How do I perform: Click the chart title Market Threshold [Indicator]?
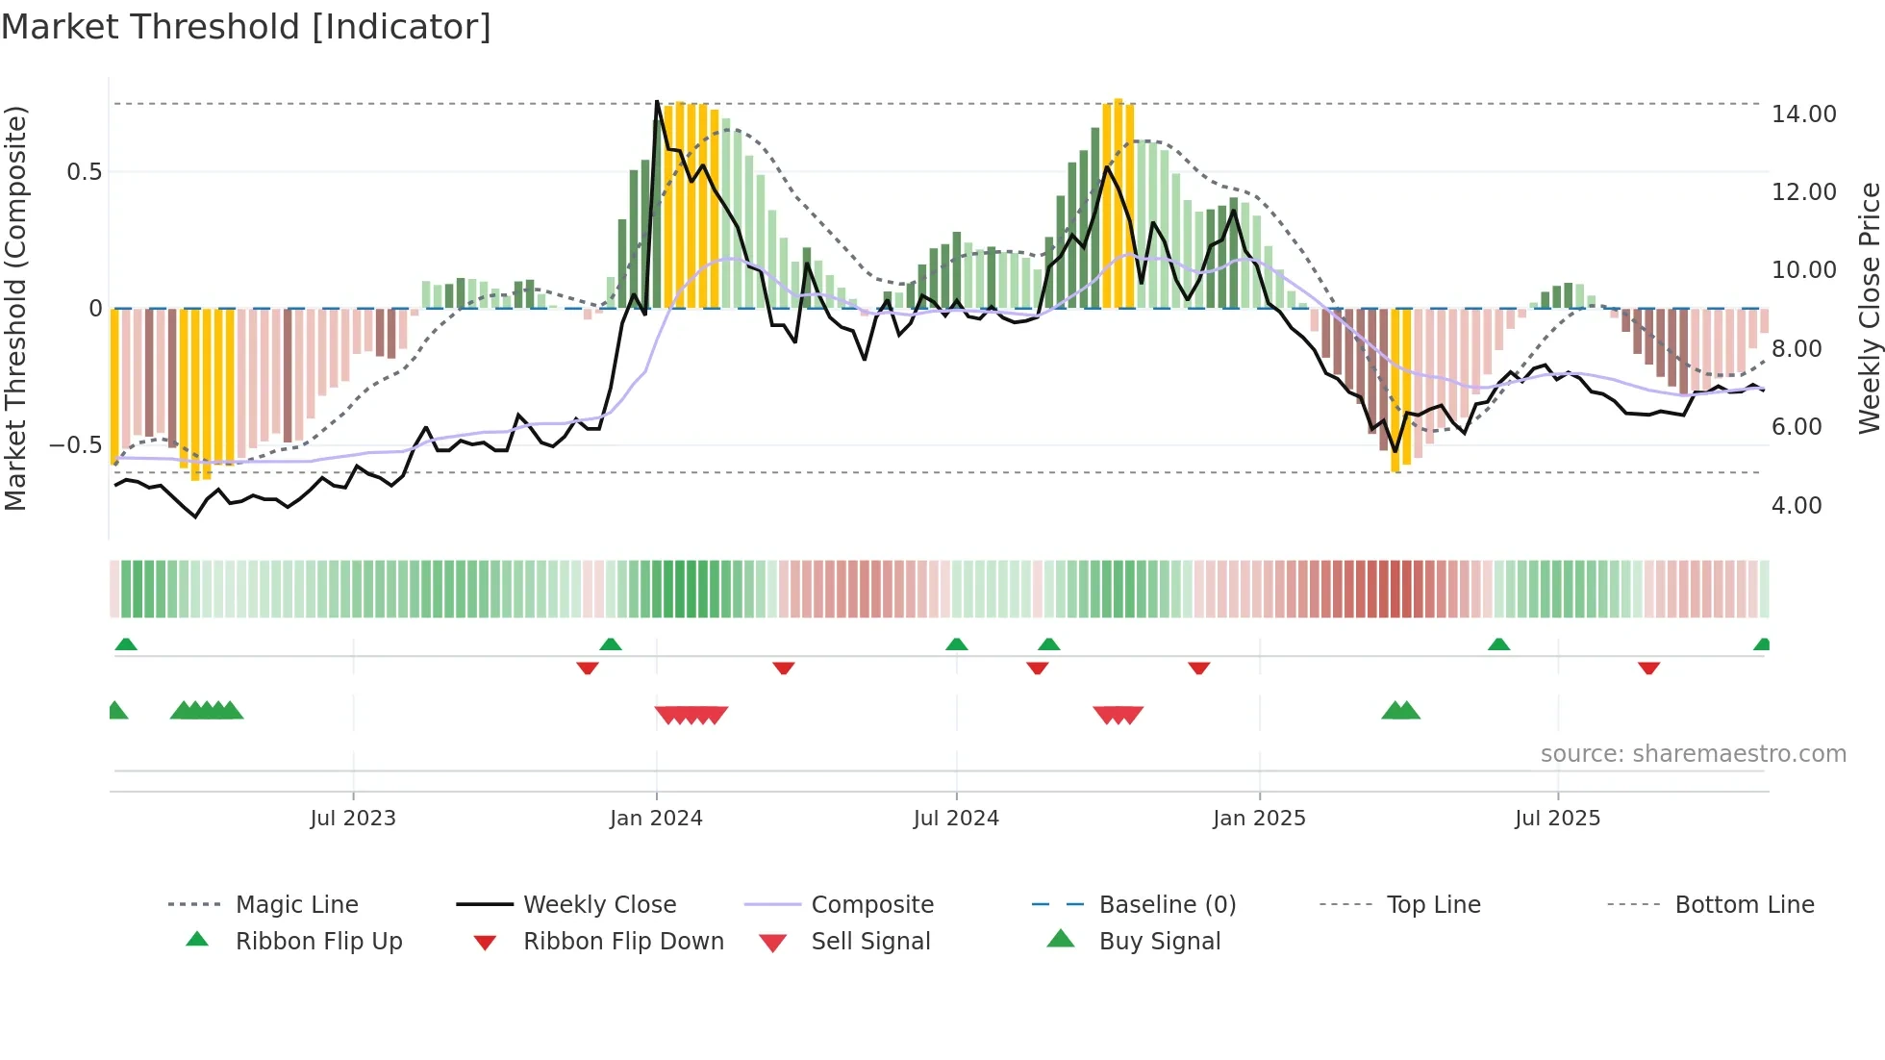246,27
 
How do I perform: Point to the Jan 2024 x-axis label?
656,818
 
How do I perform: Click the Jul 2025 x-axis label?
1557,818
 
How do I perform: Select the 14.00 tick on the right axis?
1803,114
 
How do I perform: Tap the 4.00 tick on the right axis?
1796,505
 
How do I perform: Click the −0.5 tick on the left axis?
75,444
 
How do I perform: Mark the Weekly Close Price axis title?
1868,308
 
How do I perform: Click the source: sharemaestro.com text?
1693,753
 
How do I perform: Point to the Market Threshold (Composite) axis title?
15,308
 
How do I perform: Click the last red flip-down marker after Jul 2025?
1648,668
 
